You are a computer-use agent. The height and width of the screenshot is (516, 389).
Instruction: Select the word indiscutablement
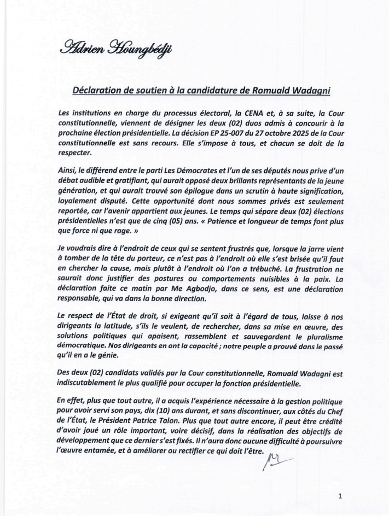pyautogui.click(x=90, y=384)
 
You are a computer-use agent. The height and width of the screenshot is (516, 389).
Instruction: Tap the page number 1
pyautogui.click(x=340, y=496)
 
